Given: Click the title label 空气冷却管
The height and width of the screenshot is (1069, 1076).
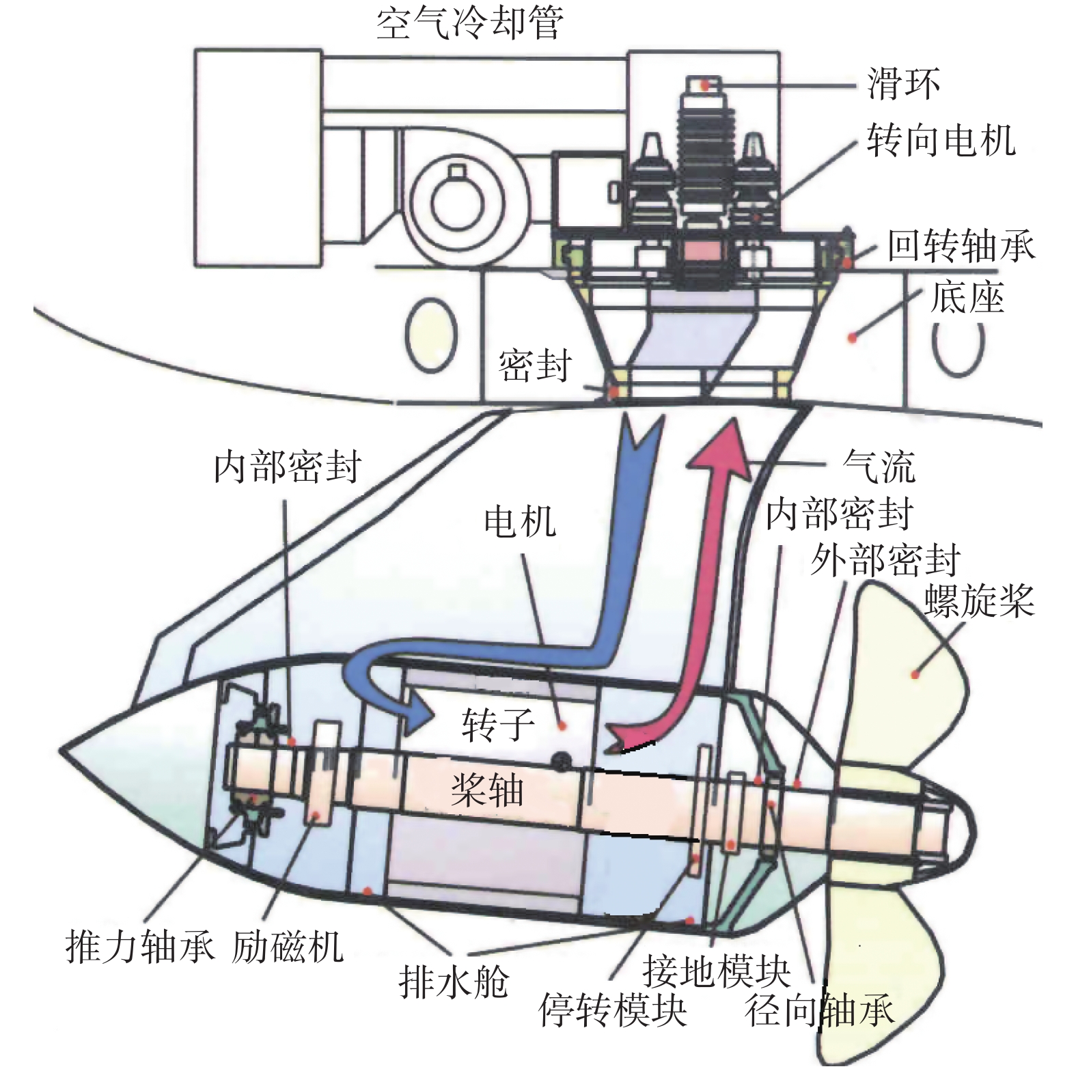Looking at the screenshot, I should click(470, 25).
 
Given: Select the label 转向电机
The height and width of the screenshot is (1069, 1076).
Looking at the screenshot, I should click(941, 141).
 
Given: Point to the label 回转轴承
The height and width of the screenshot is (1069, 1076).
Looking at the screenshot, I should click(961, 246).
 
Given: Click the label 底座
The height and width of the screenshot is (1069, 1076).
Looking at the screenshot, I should click(967, 298).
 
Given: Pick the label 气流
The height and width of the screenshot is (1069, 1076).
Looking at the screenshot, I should click(879, 467).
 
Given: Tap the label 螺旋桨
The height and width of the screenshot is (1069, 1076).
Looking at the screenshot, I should click(979, 601).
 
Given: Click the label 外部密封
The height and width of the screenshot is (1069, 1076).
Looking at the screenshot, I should click(885, 561).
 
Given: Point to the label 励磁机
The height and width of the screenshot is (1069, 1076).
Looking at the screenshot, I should click(287, 947).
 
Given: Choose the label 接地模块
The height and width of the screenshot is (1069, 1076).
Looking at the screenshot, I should click(716, 970).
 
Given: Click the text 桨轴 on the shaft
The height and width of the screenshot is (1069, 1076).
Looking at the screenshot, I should click(487, 791).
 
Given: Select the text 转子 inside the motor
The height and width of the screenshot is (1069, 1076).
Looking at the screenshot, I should click(497, 725).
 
